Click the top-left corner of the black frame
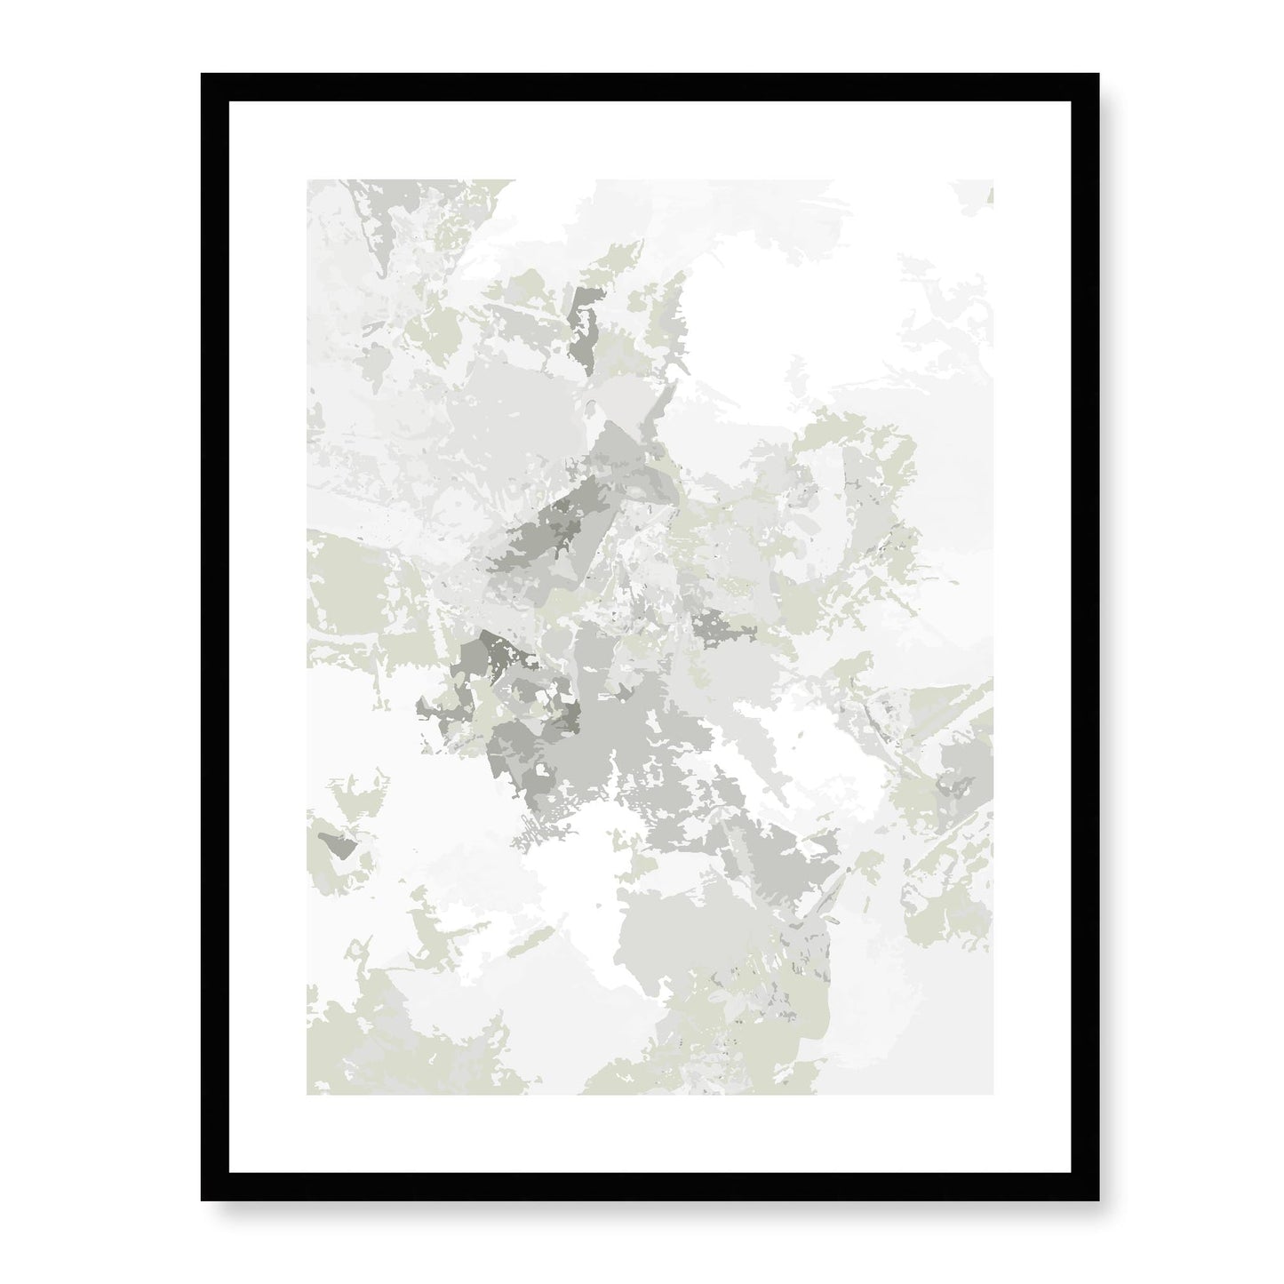203,76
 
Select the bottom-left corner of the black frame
203,1193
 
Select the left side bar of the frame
215,635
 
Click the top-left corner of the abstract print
308,181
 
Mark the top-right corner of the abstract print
993,181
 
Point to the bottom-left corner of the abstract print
308,1094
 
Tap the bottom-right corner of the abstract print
993,1094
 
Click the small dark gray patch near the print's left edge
339,844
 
